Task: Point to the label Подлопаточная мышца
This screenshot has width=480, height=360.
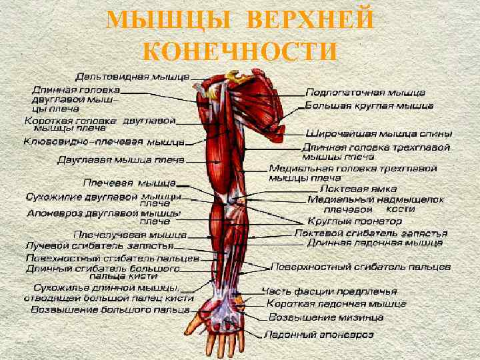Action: (x=365, y=92)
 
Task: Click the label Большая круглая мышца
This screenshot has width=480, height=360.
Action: (x=369, y=105)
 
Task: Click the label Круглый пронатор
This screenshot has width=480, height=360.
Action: (x=343, y=220)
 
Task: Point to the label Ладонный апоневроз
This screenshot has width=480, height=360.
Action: (x=319, y=335)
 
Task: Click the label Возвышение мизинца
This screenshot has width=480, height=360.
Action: (x=325, y=317)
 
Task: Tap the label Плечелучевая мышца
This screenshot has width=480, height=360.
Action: (x=130, y=235)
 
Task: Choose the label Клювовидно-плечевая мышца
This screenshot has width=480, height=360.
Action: (x=103, y=142)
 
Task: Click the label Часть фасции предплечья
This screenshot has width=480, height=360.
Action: (x=329, y=291)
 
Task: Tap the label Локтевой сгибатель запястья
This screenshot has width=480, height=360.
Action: (x=371, y=233)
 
